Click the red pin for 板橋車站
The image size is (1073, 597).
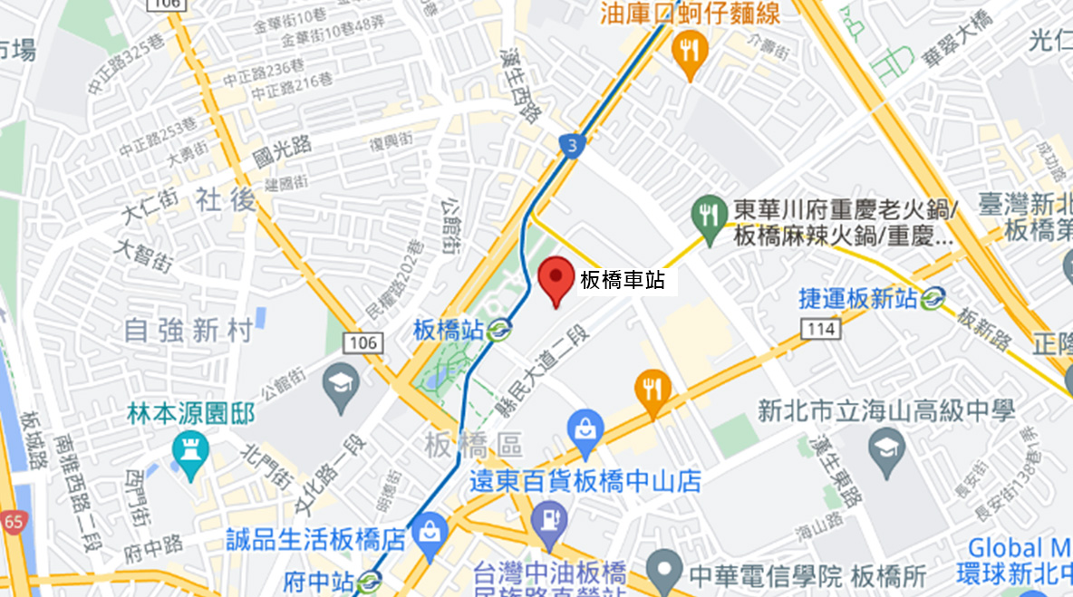click(x=556, y=278)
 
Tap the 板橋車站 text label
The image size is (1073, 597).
click(x=623, y=281)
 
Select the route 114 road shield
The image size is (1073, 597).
click(x=818, y=330)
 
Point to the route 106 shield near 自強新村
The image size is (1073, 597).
click(x=361, y=342)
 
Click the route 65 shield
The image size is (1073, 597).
click(x=13, y=523)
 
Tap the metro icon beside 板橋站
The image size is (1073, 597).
click(x=497, y=331)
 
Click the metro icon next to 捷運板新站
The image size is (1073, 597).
click(x=933, y=297)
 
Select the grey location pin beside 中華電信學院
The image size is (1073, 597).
click(x=665, y=568)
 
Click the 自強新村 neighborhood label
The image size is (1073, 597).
click(x=188, y=331)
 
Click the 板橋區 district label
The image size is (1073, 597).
click(x=473, y=445)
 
